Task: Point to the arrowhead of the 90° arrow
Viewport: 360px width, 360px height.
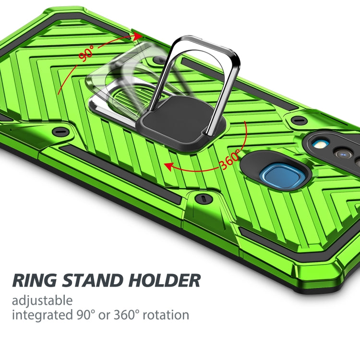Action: point(138,36)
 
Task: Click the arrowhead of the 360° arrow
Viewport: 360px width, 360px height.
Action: point(168,166)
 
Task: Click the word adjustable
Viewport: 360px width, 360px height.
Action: point(42,301)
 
